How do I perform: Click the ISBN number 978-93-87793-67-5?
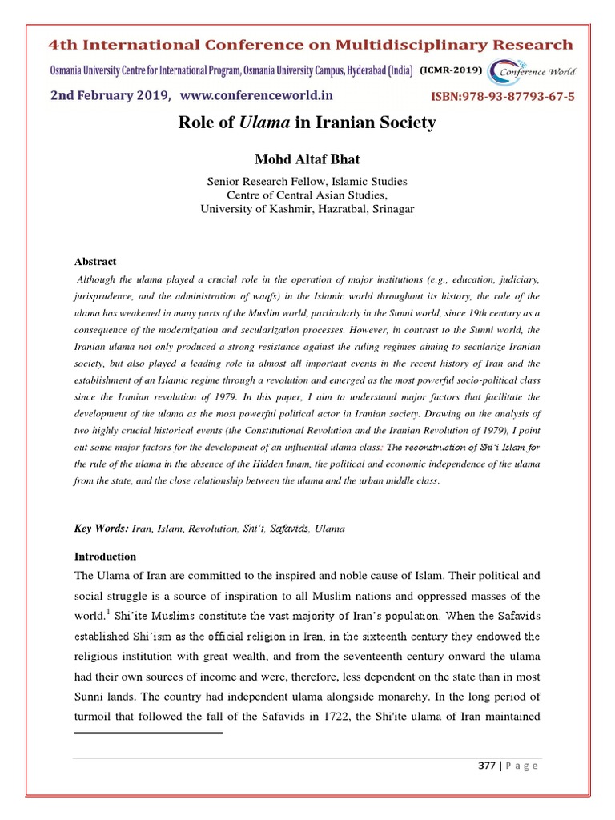[503, 97]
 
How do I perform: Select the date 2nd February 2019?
[110, 96]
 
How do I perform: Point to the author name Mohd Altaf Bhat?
[307, 159]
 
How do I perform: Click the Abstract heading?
[95, 262]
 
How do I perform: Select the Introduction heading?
[105, 556]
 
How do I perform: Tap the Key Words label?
[101, 529]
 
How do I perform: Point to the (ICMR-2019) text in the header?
[451, 70]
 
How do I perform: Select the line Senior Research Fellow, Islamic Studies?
[307, 182]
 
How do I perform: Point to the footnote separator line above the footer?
[148, 732]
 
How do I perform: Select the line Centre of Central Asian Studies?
[307, 195]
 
